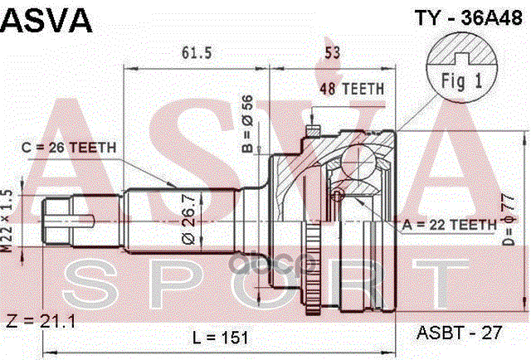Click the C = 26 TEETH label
pos(69,147)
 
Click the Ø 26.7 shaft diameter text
pos(190,214)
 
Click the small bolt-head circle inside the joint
pos(337,194)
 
